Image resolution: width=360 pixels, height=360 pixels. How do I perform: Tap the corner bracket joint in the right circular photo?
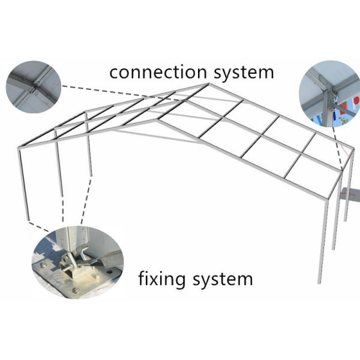click(325, 90)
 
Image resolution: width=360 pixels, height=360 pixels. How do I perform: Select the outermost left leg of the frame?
click(23, 186)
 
